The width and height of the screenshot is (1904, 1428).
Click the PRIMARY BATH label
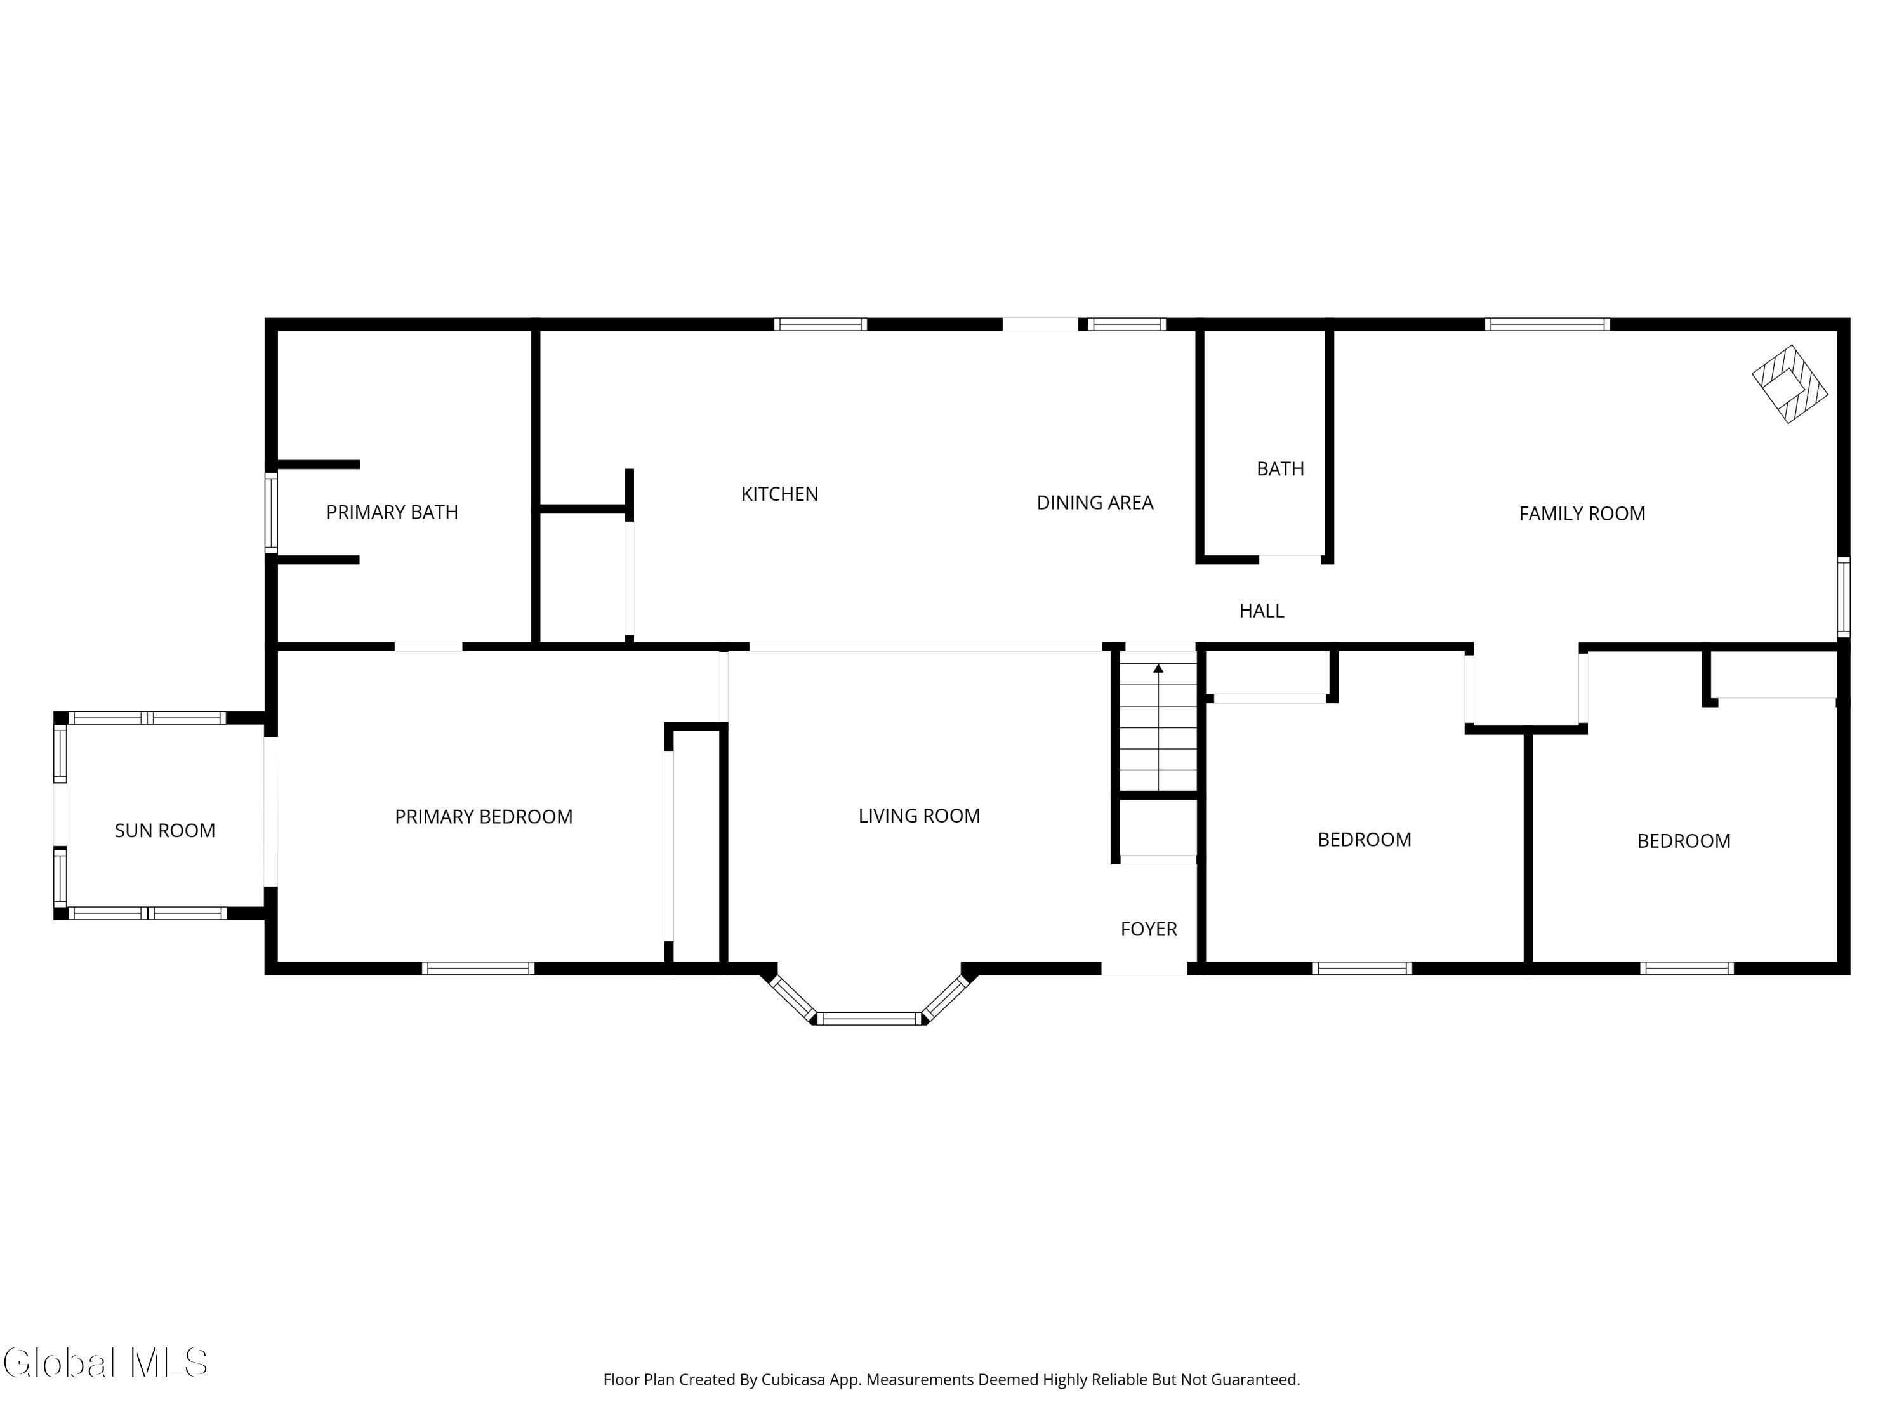392,512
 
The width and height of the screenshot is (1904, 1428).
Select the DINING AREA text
1094,503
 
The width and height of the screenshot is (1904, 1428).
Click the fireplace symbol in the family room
1790,384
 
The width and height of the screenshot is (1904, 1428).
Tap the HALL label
1261,611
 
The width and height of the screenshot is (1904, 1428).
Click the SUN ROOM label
164,831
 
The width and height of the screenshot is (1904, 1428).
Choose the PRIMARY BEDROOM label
483,817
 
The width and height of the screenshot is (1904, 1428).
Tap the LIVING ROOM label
918,816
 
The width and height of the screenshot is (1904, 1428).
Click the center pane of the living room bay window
869,1019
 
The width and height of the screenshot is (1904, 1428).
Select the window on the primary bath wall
271,512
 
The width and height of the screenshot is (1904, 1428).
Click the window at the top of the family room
1547,324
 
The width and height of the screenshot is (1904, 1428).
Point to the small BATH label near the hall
1280,469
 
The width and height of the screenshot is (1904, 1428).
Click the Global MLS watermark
105,1363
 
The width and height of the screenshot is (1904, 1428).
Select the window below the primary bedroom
478,969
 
